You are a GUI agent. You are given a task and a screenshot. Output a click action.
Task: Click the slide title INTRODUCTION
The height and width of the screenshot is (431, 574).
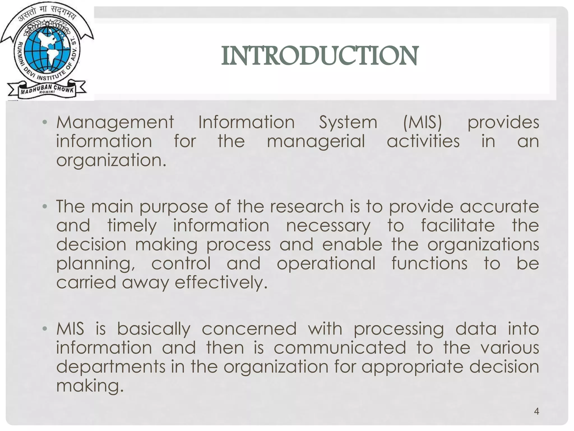pyautogui.click(x=320, y=56)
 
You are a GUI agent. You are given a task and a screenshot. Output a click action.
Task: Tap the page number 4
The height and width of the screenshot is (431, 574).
pyautogui.click(x=536, y=411)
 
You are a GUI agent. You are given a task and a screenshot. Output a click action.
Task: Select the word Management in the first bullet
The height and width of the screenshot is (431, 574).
pyautogui.click(x=115, y=123)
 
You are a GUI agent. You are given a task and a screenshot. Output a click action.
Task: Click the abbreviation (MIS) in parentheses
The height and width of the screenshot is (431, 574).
pyautogui.click(x=422, y=122)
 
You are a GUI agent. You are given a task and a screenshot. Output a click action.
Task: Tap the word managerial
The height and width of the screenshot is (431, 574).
pyautogui.click(x=316, y=141)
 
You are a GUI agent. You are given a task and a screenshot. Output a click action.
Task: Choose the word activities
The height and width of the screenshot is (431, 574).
pyautogui.click(x=423, y=141)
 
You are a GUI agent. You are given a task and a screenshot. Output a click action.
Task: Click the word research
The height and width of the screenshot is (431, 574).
pyautogui.click(x=307, y=207)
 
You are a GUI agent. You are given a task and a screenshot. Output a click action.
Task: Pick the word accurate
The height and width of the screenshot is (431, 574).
pyautogui.click(x=499, y=207)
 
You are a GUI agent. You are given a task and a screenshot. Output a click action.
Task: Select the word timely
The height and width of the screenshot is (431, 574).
pyautogui.click(x=132, y=226)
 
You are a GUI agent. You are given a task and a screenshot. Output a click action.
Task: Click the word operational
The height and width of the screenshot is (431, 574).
pyautogui.click(x=326, y=264)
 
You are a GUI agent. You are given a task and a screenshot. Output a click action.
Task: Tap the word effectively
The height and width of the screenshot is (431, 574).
pyautogui.click(x=221, y=283)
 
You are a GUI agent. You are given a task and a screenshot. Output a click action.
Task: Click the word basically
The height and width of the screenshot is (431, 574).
pyautogui.click(x=154, y=329)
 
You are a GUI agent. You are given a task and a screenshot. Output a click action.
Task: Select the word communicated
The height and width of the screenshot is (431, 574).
pyautogui.click(x=340, y=348)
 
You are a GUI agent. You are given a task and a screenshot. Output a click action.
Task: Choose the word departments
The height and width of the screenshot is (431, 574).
pyautogui.click(x=111, y=367)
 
